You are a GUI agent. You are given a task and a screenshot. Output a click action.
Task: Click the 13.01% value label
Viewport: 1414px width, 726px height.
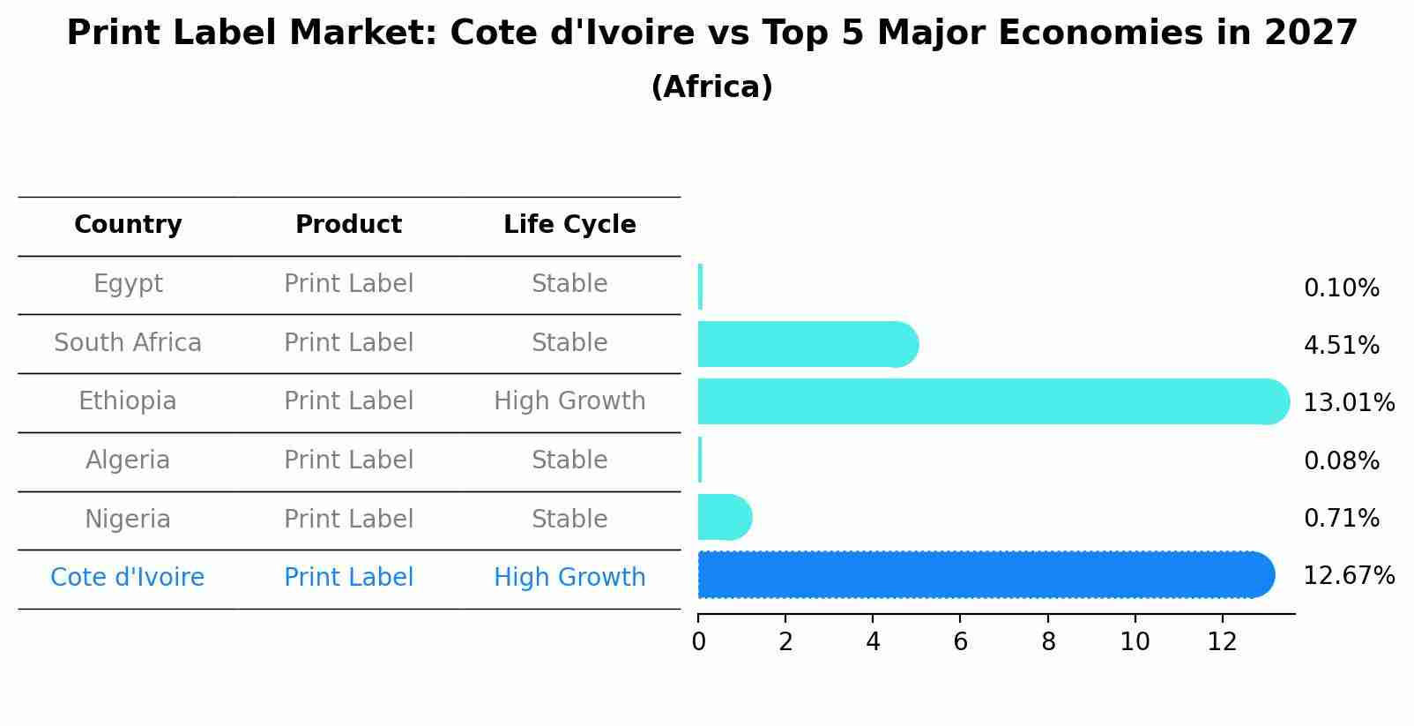pyautogui.click(x=1348, y=403)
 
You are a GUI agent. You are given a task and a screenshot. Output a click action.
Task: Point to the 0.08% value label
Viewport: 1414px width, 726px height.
pyautogui.click(x=1341, y=461)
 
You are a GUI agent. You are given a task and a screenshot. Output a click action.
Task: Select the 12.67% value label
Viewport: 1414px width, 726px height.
pyautogui.click(x=1348, y=576)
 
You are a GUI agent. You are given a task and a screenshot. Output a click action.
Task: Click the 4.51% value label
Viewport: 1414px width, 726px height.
pyautogui.click(x=1341, y=346)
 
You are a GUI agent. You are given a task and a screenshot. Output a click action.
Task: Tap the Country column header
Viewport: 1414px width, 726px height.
pyautogui.click(x=128, y=225)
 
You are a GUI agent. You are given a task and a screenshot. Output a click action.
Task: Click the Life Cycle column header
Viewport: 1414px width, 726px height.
pyautogui.click(x=569, y=225)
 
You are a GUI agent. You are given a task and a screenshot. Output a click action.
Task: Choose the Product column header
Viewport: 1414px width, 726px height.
pyautogui.click(x=348, y=225)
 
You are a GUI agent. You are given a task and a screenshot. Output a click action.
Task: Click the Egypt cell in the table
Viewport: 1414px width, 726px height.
pyautogui.click(x=128, y=284)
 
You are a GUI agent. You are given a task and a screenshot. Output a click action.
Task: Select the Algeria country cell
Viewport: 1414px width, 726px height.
pyautogui.click(x=128, y=460)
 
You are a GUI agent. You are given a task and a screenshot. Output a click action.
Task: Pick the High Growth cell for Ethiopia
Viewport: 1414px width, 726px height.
pyautogui.click(x=569, y=401)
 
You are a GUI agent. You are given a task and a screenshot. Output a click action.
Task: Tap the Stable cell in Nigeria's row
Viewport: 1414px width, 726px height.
pyautogui.click(x=569, y=519)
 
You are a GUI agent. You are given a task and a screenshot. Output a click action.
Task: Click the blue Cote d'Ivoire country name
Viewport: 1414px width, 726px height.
pyautogui.click(x=128, y=578)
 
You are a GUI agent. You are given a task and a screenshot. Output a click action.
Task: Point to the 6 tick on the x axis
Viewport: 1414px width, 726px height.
pyautogui.click(x=960, y=641)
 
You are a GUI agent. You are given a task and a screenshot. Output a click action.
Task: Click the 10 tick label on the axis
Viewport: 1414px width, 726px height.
pyautogui.click(x=1135, y=641)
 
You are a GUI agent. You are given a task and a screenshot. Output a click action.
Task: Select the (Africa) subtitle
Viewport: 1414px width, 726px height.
pyautogui.click(x=711, y=87)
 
